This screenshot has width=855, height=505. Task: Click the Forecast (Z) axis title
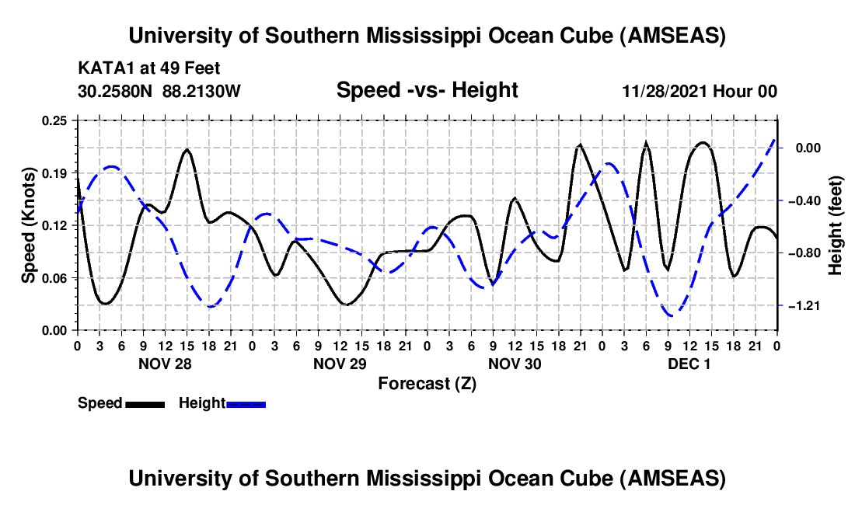pos(427,383)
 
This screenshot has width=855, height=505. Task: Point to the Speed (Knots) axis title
pos(29,225)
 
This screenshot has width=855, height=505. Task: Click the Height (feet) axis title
pos(836,225)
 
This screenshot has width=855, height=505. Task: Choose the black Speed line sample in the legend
pos(145,404)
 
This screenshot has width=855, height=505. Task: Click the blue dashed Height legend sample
pos(246,404)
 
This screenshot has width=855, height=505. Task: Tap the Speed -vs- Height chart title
pos(427,90)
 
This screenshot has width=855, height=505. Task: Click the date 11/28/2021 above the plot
pos(664,91)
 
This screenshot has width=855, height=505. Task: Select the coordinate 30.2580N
pos(117,91)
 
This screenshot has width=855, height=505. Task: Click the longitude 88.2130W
pos(202,91)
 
